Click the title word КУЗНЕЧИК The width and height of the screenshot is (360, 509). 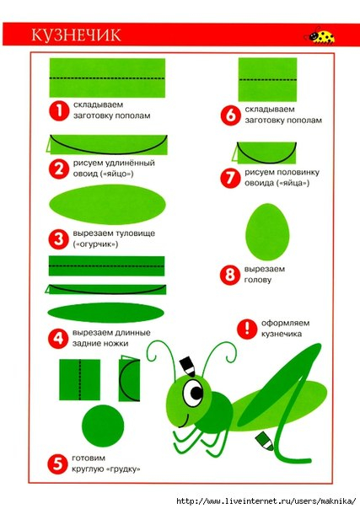coord(76,35)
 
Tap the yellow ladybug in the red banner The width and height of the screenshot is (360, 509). coord(320,35)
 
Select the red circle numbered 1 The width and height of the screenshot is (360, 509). coord(59,110)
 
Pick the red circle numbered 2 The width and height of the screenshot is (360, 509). coord(58,169)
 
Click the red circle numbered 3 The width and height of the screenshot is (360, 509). coord(58,239)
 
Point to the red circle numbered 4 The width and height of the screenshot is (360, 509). coord(58,338)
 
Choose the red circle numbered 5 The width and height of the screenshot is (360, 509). coord(57,463)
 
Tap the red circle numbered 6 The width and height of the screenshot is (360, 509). coord(230,115)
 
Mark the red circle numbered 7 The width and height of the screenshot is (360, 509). coord(230,178)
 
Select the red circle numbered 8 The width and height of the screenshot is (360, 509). coord(230,275)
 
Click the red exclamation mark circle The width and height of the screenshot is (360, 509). coord(247,329)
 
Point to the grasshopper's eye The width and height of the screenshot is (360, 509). coord(193,393)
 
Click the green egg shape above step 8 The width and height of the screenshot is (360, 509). coord(267,232)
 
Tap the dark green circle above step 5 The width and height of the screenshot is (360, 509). coord(103,426)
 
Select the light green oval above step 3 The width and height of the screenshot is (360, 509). coord(107,204)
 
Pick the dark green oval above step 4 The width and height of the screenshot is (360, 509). coord(106,313)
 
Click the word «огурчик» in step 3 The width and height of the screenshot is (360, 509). coord(95,244)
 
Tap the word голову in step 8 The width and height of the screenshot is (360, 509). coord(257,280)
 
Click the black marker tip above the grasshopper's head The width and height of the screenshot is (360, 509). coord(188,367)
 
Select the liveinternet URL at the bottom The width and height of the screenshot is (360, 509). coord(266,501)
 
